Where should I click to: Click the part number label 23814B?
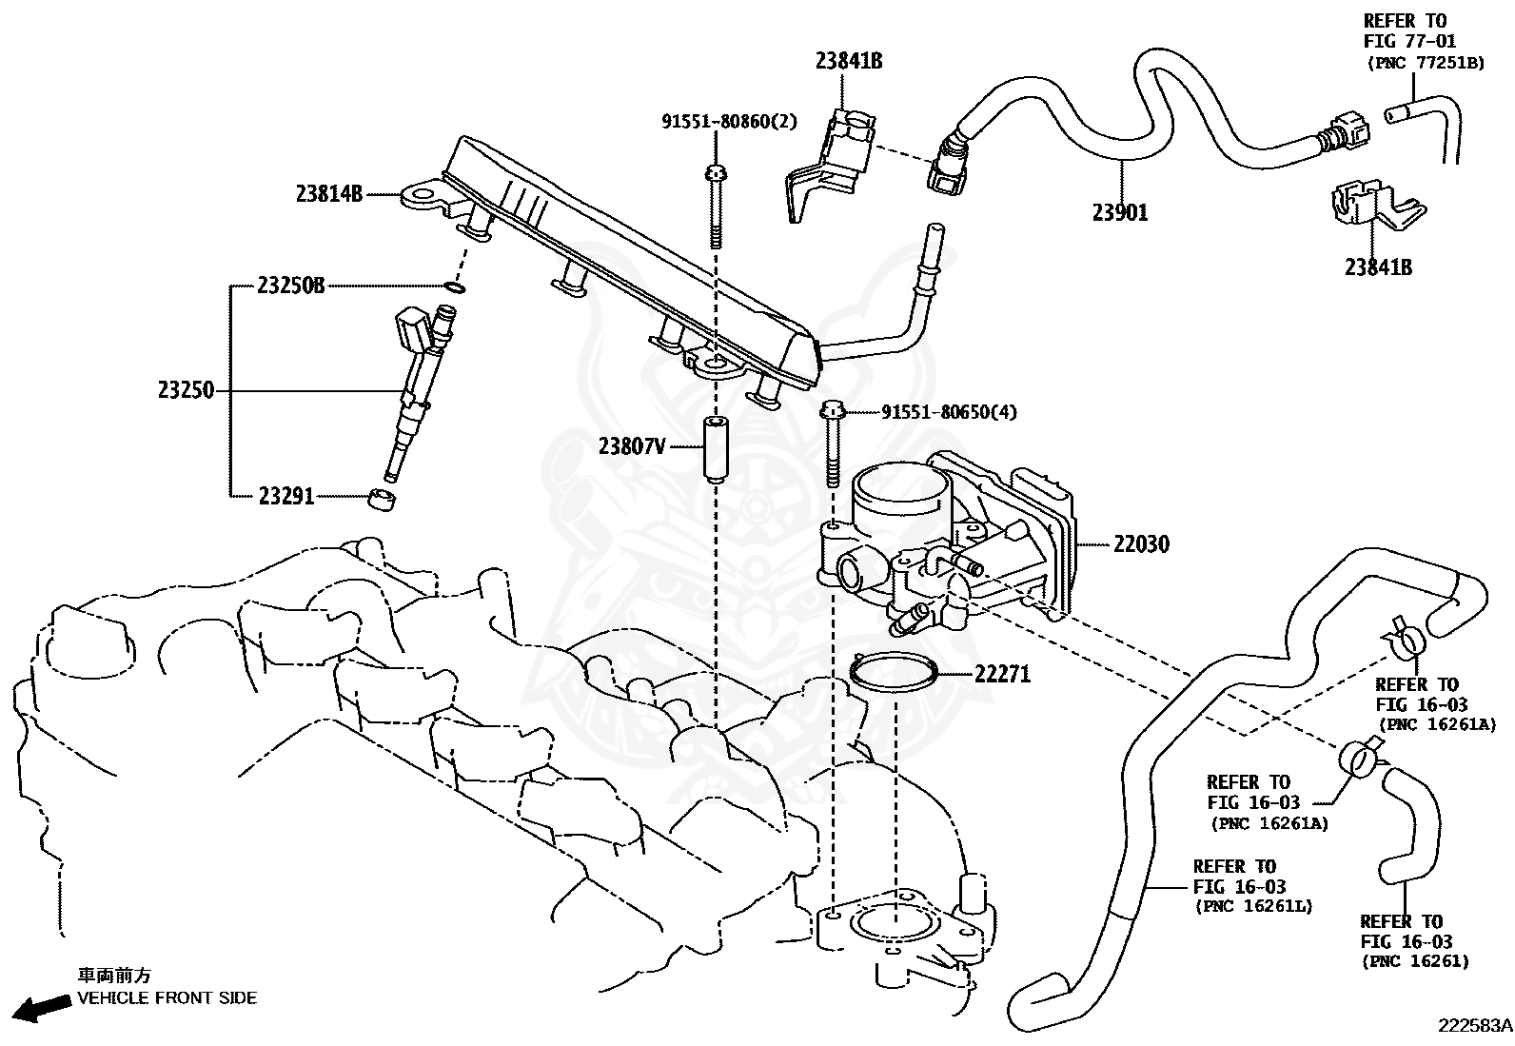pos(328,194)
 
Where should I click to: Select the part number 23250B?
pos(290,285)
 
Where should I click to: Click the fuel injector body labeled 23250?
pos(415,390)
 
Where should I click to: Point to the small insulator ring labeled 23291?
pos(383,498)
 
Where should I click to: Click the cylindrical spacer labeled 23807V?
pos(715,449)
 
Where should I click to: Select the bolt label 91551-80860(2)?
pos(729,121)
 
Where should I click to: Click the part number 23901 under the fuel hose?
pos(1120,213)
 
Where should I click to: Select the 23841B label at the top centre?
pos(848,61)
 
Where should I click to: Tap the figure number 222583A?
pos(1474,1025)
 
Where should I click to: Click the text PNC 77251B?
pos(1425,63)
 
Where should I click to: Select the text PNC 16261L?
pos(1253,906)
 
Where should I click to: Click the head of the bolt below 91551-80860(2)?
pos(715,173)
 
